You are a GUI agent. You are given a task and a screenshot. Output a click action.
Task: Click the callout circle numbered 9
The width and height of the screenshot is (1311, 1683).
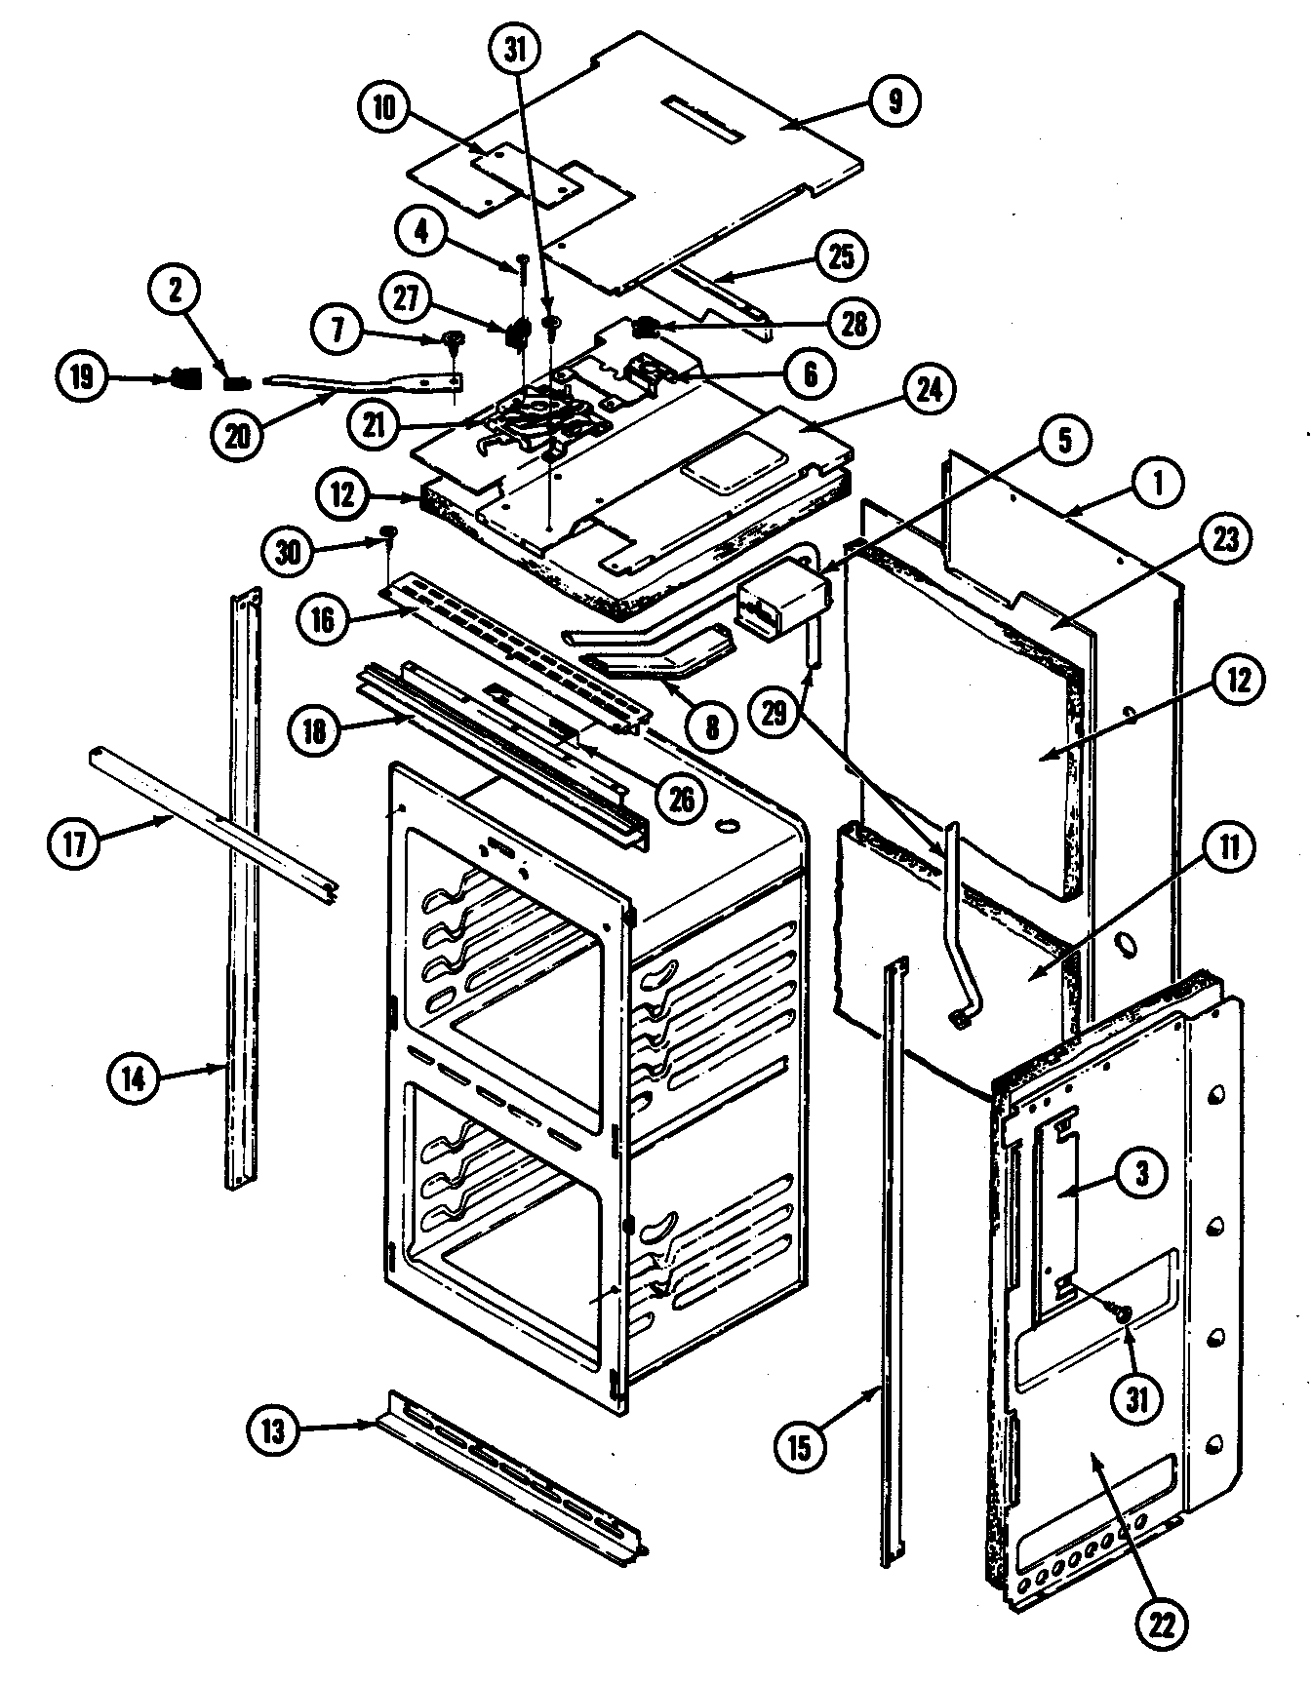[895, 100]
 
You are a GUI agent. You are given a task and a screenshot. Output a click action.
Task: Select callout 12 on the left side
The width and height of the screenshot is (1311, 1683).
[343, 496]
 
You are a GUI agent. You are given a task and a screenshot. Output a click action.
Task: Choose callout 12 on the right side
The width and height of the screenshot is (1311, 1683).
[1237, 680]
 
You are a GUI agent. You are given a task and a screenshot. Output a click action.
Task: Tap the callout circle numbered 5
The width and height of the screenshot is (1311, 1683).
[1063, 440]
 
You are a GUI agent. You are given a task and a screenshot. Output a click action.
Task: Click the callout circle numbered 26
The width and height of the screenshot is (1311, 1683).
[680, 799]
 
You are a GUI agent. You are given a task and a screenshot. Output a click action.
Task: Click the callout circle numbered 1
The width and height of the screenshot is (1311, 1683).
[1157, 483]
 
